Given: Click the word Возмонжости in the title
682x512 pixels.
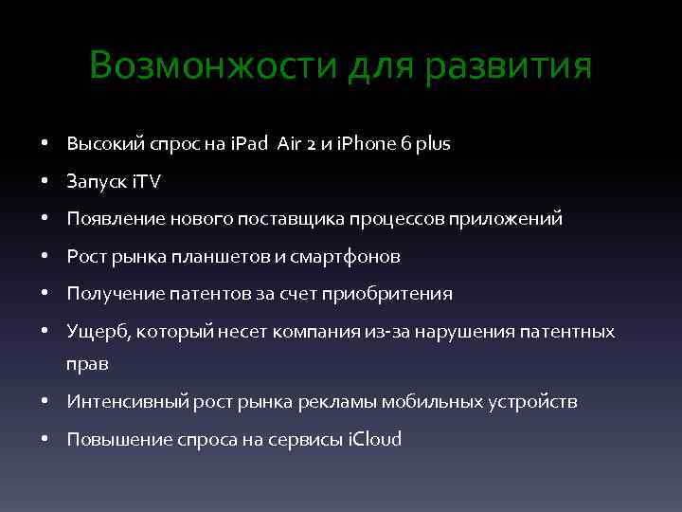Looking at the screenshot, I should point(214,66).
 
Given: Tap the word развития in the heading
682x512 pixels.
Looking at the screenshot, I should point(511,66).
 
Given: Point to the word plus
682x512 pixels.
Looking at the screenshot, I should point(434,144).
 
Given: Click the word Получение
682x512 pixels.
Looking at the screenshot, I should point(113,294).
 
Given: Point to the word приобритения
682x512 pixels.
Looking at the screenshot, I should point(387,294).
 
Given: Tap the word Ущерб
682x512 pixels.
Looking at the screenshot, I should point(93,333).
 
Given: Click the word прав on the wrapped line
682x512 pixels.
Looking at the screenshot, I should point(87,364).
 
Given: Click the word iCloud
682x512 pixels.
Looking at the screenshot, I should point(376,439).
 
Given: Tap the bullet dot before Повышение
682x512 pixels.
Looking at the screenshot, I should point(45,440).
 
